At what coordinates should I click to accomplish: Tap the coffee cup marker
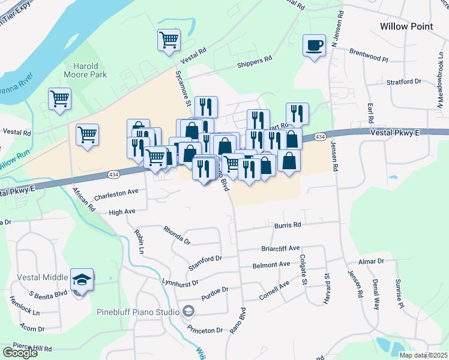(315, 45)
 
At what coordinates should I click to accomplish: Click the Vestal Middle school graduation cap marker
(82, 280)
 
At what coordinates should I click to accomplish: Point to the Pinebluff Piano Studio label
(139, 312)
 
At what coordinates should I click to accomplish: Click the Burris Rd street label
(288, 226)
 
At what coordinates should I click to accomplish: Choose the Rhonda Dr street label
(177, 235)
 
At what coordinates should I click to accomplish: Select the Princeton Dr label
(205, 330)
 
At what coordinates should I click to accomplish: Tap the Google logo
(20, 353)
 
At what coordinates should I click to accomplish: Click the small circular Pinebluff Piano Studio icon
(188, 311)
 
